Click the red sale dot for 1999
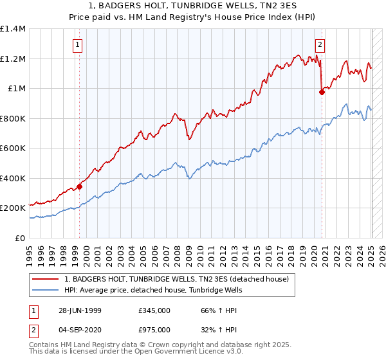80,187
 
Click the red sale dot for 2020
322,92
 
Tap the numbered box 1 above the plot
77,44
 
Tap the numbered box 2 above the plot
320,44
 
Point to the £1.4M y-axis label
13,29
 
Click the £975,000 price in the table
154,330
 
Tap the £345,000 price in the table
154,309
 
